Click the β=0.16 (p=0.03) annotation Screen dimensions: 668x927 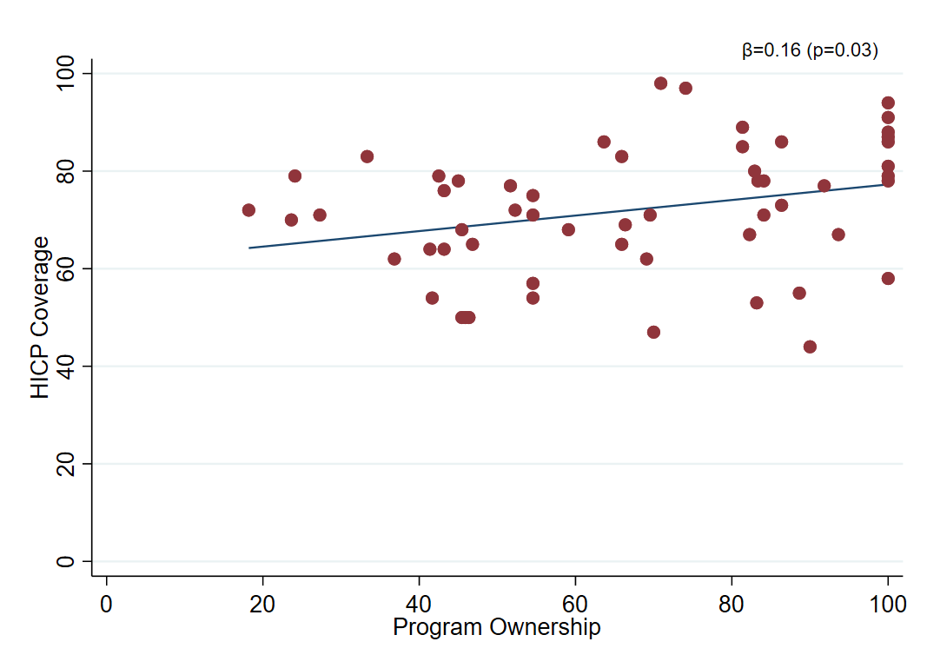pyautogui.click(x=810, y=50)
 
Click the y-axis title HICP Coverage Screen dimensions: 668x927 pyautogui.click(x=40, y=318)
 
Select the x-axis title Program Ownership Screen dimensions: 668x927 pyautogui.click(x=496, y=626)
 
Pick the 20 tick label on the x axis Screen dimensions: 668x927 pyautogui.click(x=262, y=604)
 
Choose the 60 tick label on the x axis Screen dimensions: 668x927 pyautogui.click(x=575, y=604)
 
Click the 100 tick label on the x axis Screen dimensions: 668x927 pyautogui.click(x=887, y=604)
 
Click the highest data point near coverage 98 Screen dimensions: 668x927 pyautogui.click(x=660, y=83)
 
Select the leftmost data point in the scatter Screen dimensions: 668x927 pyautogui.click(x=248, y=210)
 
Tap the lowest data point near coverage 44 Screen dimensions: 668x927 pyautogui.click(x=810, y=347)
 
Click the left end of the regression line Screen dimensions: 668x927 pyautogui.click(x=249, y=248)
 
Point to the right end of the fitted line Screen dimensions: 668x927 pyautogui.click(x=887, y=184)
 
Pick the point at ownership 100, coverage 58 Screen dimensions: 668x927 pyautogui.click(x=888, y=278)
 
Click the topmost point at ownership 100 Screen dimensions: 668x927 pyautogui.click(x=888, y=103)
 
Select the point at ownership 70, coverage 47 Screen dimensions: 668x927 pyautogui.click(x=653, y=332)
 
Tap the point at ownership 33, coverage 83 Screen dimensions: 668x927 pyautogui.click(x=367, y=156)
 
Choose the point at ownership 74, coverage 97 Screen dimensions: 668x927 pyautogui.click(x=685, y=88)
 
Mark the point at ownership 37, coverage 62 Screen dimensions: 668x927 pyautogui.click(x=394, y=259)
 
